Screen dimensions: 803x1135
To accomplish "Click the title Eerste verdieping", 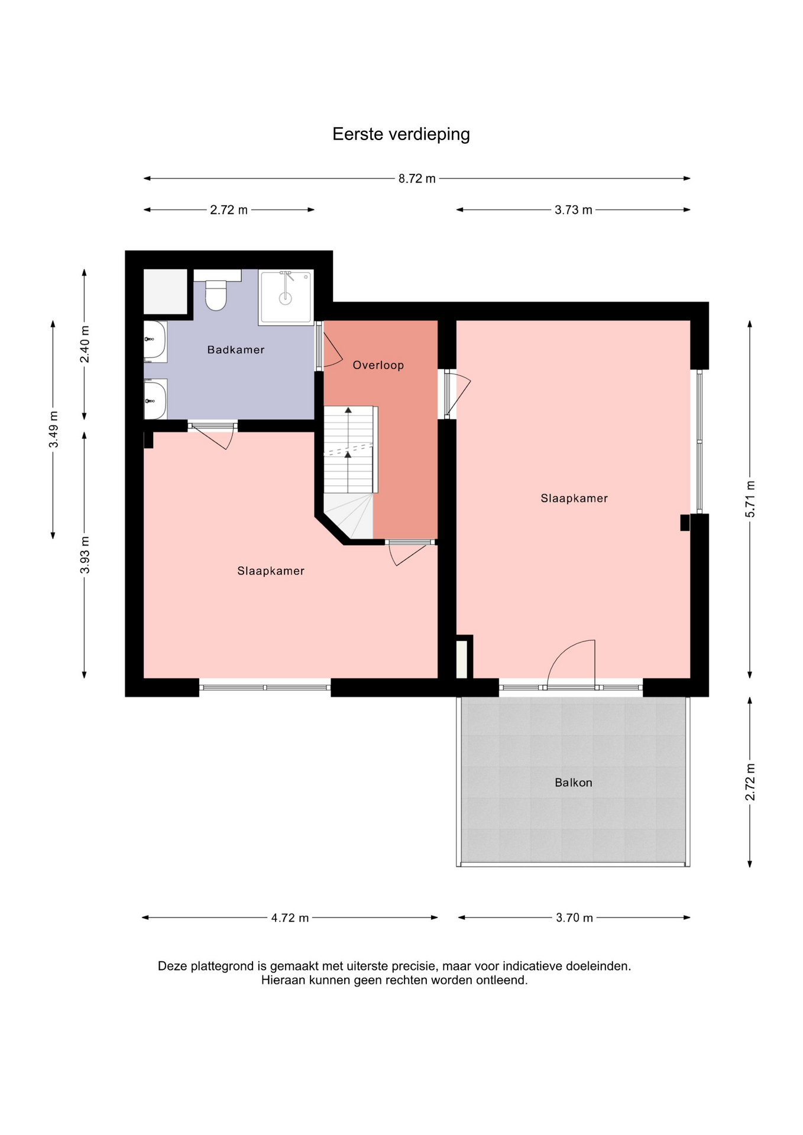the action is tap(401, 135).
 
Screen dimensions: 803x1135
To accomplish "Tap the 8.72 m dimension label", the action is tap(417, 179).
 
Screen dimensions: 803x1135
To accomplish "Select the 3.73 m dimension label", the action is tap(573, 210).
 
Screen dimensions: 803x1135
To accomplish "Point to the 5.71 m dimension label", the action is tap(750, 499).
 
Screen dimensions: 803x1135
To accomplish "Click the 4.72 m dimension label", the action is tap(290, 918).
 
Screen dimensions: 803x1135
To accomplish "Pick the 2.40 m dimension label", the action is tap(85, 344).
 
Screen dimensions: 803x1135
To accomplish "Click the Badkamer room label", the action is tap(236, 350).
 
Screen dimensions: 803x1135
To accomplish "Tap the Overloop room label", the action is tap(378, 365).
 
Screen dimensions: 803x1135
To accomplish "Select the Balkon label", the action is tap(574, 783).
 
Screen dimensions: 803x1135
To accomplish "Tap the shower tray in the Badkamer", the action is tap(286, 297).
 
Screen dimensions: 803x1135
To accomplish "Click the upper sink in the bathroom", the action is tap(155, 341).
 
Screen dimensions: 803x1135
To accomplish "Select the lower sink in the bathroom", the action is tap(155, 399).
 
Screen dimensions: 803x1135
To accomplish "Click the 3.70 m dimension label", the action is tap(574, 918).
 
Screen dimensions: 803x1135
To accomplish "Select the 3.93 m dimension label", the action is tap(85, 554).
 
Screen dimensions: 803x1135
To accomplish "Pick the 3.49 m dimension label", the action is tap(53, 429).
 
